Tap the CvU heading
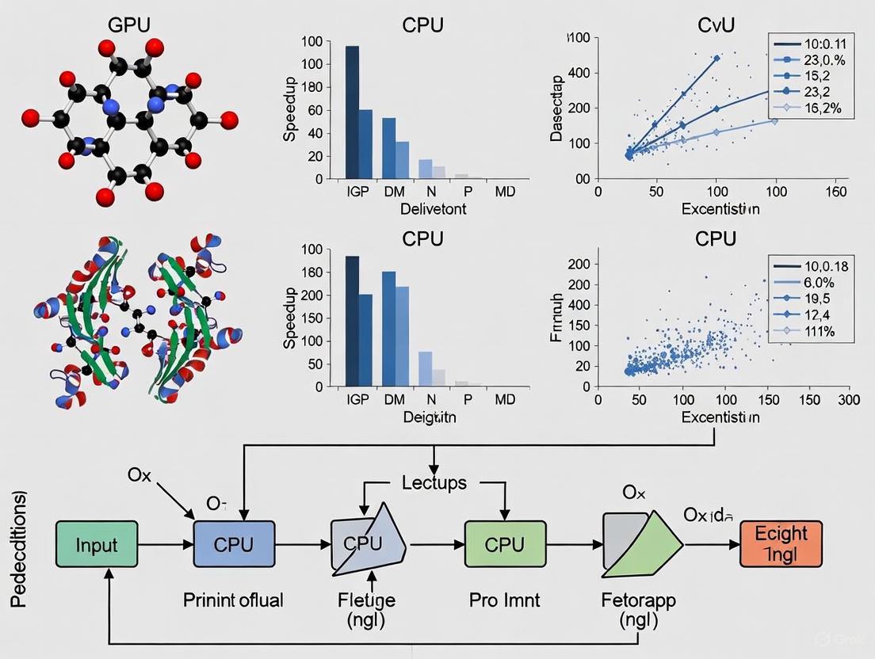716,24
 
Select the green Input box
97,544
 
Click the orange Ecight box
781,544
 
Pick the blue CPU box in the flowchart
234,544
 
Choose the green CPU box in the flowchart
505,544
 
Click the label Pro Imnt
505,600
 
